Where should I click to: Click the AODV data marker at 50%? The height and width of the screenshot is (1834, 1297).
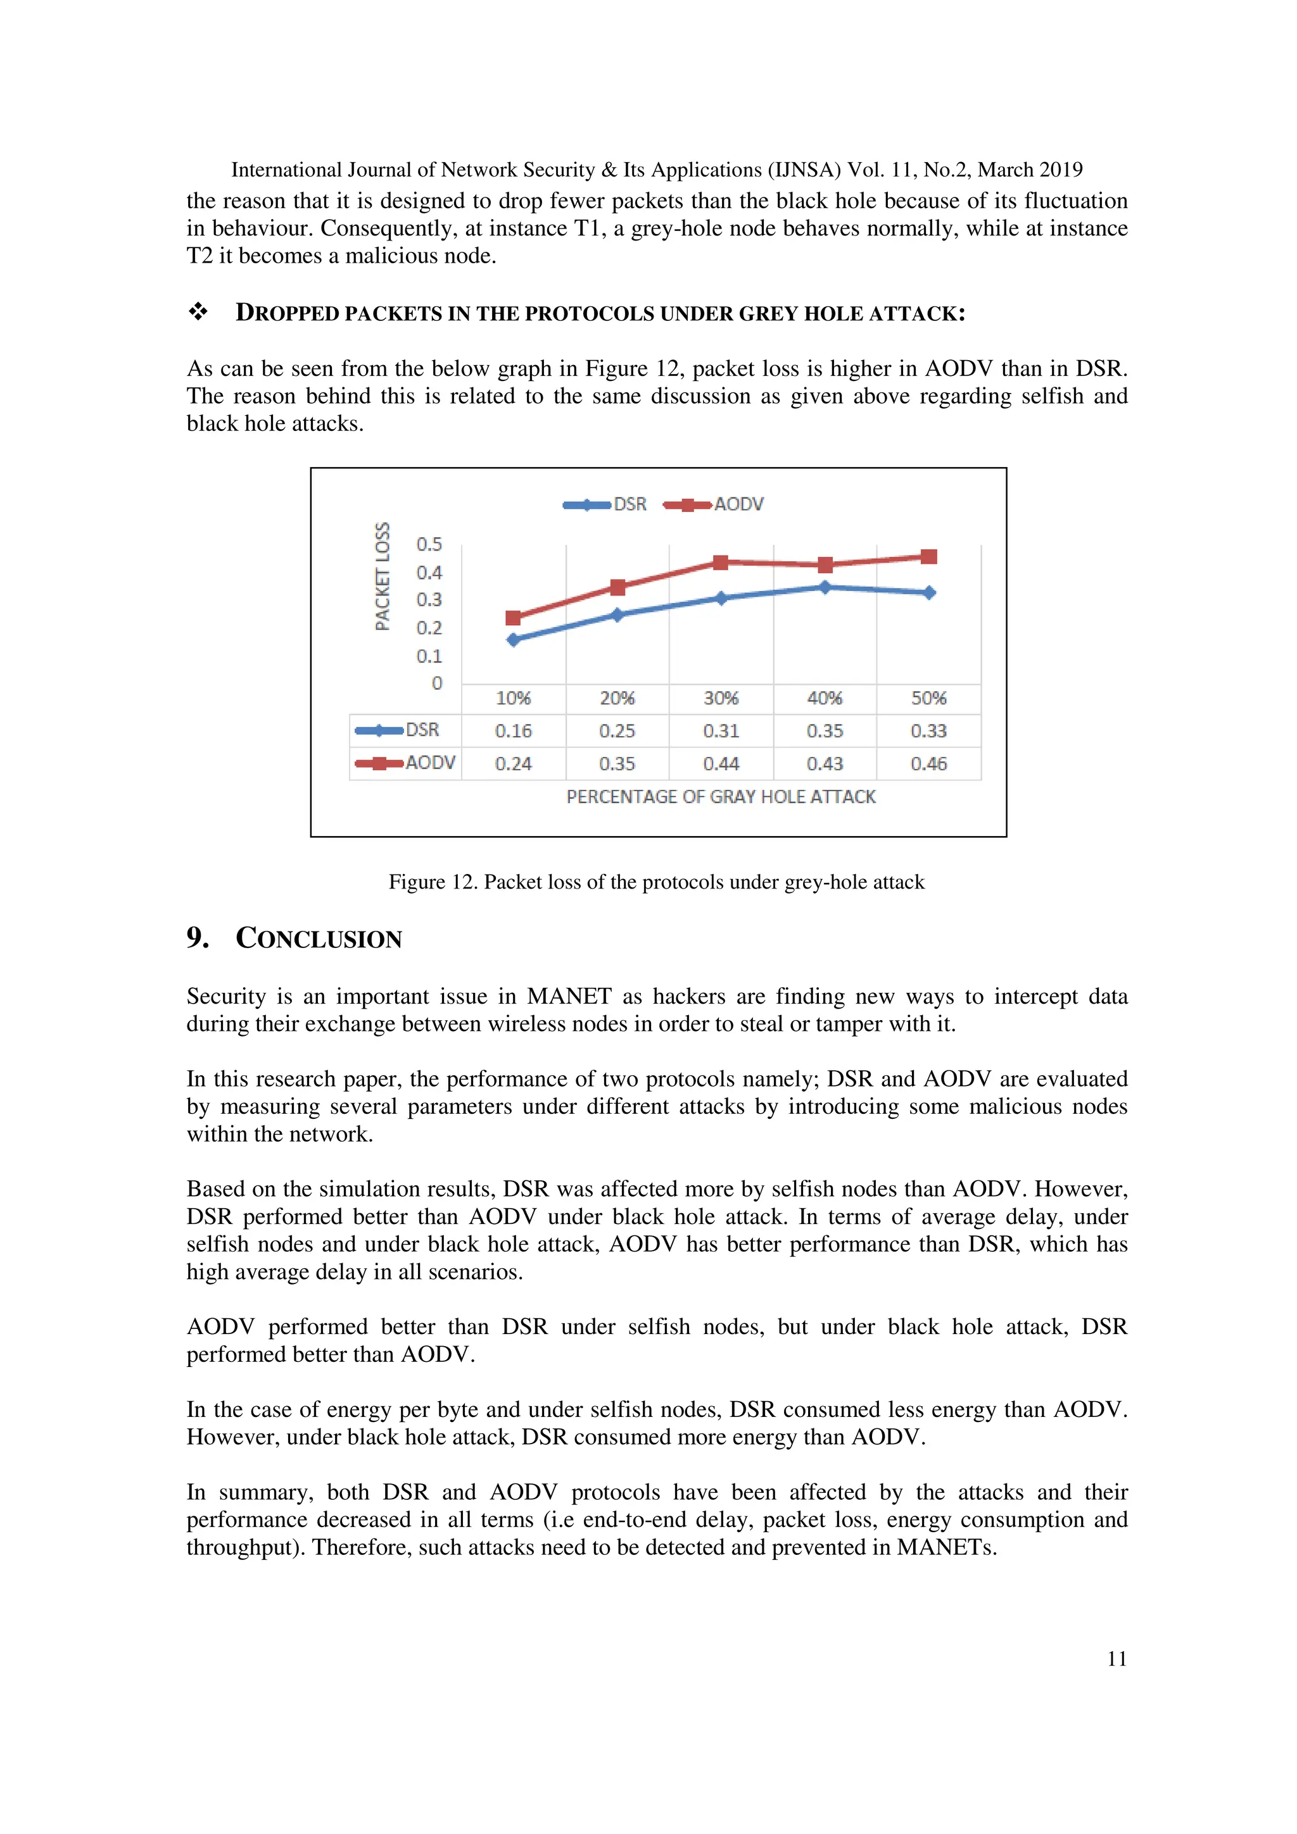[928, 557]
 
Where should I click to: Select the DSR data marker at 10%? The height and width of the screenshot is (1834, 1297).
[513, 639]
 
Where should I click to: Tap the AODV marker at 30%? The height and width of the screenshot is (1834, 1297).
[721, 563]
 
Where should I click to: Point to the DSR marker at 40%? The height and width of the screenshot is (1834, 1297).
[825, 587]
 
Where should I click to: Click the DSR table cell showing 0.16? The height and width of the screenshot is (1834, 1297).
[513, 731]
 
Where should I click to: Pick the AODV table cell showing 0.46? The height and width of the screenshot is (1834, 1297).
[928, 764]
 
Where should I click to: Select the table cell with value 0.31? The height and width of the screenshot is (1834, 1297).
[721, 731]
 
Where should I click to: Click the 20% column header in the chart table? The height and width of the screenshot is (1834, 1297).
[617, 698]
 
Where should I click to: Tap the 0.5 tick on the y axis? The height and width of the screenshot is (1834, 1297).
[429, 545]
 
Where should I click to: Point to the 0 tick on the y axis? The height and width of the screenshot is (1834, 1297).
[436, 683]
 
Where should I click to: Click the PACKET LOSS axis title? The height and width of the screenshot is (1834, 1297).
[383, 577]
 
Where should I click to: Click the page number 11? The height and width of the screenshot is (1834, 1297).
[1117, 1659]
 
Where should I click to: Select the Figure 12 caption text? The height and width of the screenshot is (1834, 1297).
[656, 882]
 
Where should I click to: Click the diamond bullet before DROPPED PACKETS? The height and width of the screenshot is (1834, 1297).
[198, 313]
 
